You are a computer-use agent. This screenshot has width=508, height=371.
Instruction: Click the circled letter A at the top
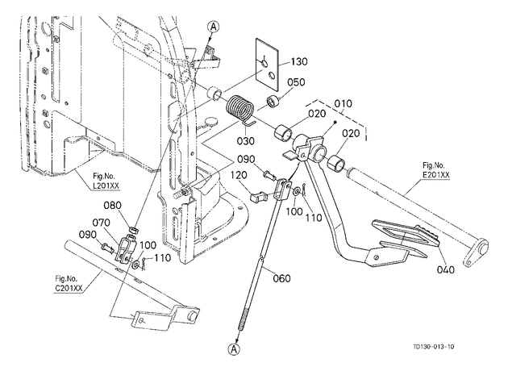213,27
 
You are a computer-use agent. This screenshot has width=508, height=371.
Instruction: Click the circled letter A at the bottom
234,348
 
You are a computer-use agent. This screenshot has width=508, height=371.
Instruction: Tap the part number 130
298,61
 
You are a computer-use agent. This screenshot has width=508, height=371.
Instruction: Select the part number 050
296,82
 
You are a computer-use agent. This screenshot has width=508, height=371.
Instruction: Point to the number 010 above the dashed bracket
343,104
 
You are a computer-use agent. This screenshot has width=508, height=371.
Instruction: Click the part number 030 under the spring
245,141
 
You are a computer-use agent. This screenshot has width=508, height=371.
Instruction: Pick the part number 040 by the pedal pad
445,269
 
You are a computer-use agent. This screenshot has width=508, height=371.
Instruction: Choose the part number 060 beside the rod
281,278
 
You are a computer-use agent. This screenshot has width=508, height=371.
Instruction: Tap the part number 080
112,205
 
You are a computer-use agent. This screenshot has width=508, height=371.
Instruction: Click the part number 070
101,223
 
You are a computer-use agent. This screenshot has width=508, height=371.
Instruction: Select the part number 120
239,175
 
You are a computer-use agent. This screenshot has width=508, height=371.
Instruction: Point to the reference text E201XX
436,175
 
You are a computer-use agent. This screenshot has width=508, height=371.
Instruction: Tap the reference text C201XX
68,288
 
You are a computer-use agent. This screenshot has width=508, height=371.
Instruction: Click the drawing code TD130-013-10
434,347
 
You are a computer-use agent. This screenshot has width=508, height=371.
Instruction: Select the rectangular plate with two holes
267,64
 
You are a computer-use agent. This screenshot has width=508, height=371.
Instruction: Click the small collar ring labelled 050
274,101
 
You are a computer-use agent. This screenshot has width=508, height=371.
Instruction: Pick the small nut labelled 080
134,231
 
